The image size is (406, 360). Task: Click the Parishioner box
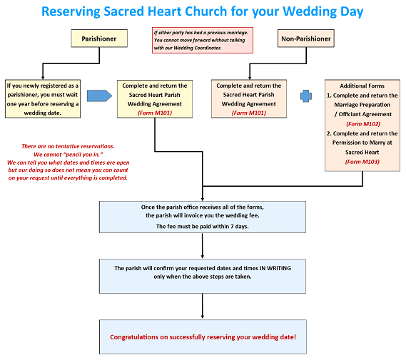[x=99, y=38]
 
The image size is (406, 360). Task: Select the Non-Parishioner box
[x=306, y=38]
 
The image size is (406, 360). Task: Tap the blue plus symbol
[x=306, y=96]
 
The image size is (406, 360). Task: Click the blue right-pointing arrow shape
[x=99, y=96]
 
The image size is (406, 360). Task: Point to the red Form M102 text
[x=363, y=124]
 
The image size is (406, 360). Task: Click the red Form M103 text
[x=362, y=162]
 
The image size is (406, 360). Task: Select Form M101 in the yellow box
[x=155, y=113]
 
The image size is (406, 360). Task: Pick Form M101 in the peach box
[x=248, y=113]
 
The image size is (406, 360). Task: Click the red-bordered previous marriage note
[x=203, y=41]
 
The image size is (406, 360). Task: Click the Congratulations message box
[x=203, y=336]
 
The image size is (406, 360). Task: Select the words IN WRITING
[x=275, y=268]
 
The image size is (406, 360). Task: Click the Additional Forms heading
[x=362, y=86]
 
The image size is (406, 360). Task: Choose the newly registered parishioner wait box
[x=43, y=99]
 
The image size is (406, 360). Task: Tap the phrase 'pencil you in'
[x=83, y=155]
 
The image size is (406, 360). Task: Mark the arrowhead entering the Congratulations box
[x=203, y=317]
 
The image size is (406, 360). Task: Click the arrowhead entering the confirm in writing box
[x=203, y=256]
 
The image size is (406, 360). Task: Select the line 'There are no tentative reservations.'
[x=68, y=146]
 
